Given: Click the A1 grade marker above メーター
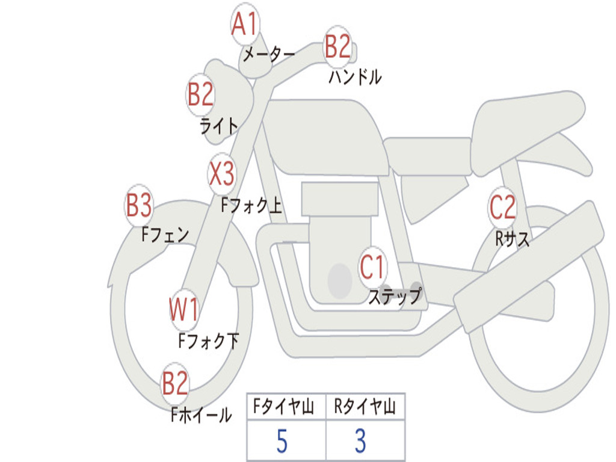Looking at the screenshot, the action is tap(245, 25).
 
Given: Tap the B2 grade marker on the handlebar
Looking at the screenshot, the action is tap(337, 46).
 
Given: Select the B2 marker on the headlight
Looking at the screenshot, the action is tap(200, 94).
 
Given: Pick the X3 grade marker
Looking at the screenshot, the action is tap(221, 174).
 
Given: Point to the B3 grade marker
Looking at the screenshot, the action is tap(138, 206).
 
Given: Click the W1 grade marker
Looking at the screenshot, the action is tap(183, 310).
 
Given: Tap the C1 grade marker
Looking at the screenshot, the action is tap(372, 266).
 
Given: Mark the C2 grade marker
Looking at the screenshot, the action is tap(502, 208).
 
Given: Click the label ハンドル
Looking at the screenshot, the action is tap(355, 77).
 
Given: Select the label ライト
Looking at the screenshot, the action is tap(219, 126).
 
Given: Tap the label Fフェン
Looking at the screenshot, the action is tap(165, 234).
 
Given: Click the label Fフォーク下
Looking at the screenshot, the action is tap(209, 341).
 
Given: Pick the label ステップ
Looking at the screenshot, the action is tap(395, 297).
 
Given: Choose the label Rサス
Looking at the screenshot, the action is tap(513, 239).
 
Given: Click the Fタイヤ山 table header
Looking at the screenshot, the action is tap(283, 408).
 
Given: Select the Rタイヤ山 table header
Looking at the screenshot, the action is tap(365, 408).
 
